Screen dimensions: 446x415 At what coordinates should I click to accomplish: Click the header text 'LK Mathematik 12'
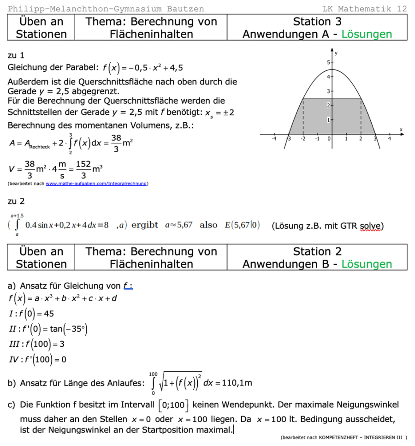click(x=365, y=9)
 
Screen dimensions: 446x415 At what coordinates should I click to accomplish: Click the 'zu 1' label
click(x=16, y=55)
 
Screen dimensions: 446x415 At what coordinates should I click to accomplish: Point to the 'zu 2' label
click(x=16, y=201)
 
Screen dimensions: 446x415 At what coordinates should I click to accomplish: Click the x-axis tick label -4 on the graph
click(x=274, y=138)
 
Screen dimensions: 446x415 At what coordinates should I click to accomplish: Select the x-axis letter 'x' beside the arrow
click(x=401, y=130)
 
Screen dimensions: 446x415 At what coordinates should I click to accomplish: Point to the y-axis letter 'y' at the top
click(x=336, y=54)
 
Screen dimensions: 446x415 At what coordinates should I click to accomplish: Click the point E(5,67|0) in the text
click(x=243, y=225)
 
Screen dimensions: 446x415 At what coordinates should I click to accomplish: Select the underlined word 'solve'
click(x=370, y=226)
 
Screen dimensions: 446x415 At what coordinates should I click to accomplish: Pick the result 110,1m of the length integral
click(x=237, y=383)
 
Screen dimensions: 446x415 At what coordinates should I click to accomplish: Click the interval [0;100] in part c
click(x=173, y=405)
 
